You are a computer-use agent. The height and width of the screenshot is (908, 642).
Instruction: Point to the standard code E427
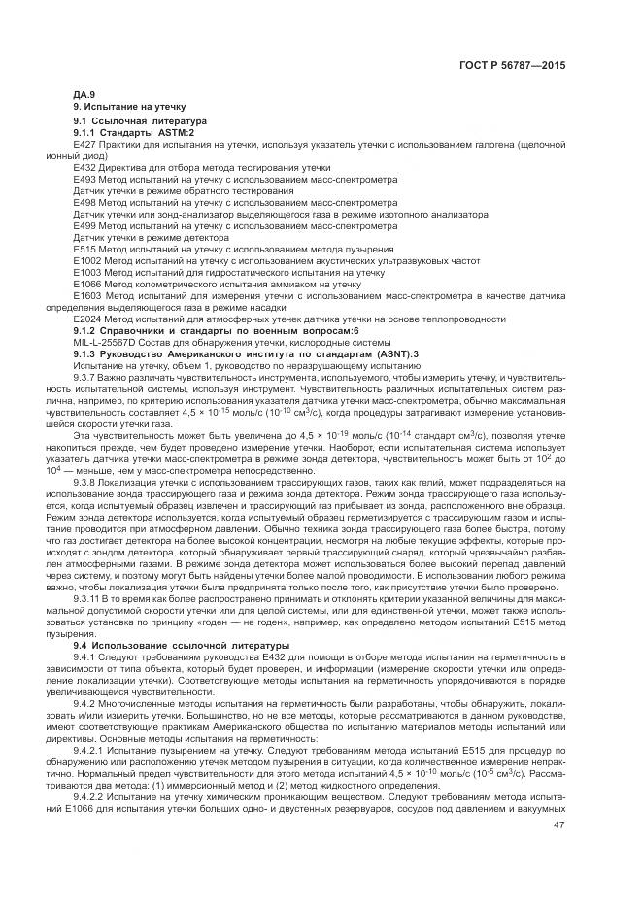84,144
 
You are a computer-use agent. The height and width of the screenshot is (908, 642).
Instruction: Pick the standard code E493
84,180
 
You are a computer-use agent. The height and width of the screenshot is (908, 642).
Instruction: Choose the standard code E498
84,203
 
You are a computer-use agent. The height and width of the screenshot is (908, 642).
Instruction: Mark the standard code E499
84,226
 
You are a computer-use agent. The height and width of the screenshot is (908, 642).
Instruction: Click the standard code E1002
87,261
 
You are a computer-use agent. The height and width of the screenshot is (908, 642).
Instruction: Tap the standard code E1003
87,273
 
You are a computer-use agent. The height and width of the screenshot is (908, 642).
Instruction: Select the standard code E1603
87,295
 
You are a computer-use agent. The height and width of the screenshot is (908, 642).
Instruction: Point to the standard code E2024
87,319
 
